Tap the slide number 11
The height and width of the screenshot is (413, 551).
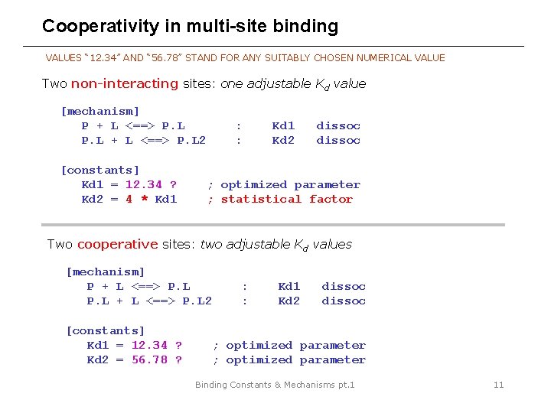(498, 385)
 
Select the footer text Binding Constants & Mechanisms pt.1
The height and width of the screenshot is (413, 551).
(275, 385)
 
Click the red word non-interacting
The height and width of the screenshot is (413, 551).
(125, 83)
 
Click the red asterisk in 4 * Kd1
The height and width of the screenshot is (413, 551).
(144, 199)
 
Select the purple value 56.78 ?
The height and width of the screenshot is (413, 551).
(157, 359)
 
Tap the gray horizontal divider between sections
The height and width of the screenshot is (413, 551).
(275, 225)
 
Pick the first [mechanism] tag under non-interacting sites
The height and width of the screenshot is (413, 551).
(100, 111)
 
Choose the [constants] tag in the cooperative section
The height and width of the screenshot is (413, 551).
(106, 330)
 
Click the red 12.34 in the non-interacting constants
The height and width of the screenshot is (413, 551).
(144, 184)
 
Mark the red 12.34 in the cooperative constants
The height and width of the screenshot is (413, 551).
(149, 345)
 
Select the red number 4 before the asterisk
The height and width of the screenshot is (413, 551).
(129, 199)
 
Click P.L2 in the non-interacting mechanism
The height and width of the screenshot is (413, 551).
(191, 140)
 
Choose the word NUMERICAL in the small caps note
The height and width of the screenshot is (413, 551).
(382, 57)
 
